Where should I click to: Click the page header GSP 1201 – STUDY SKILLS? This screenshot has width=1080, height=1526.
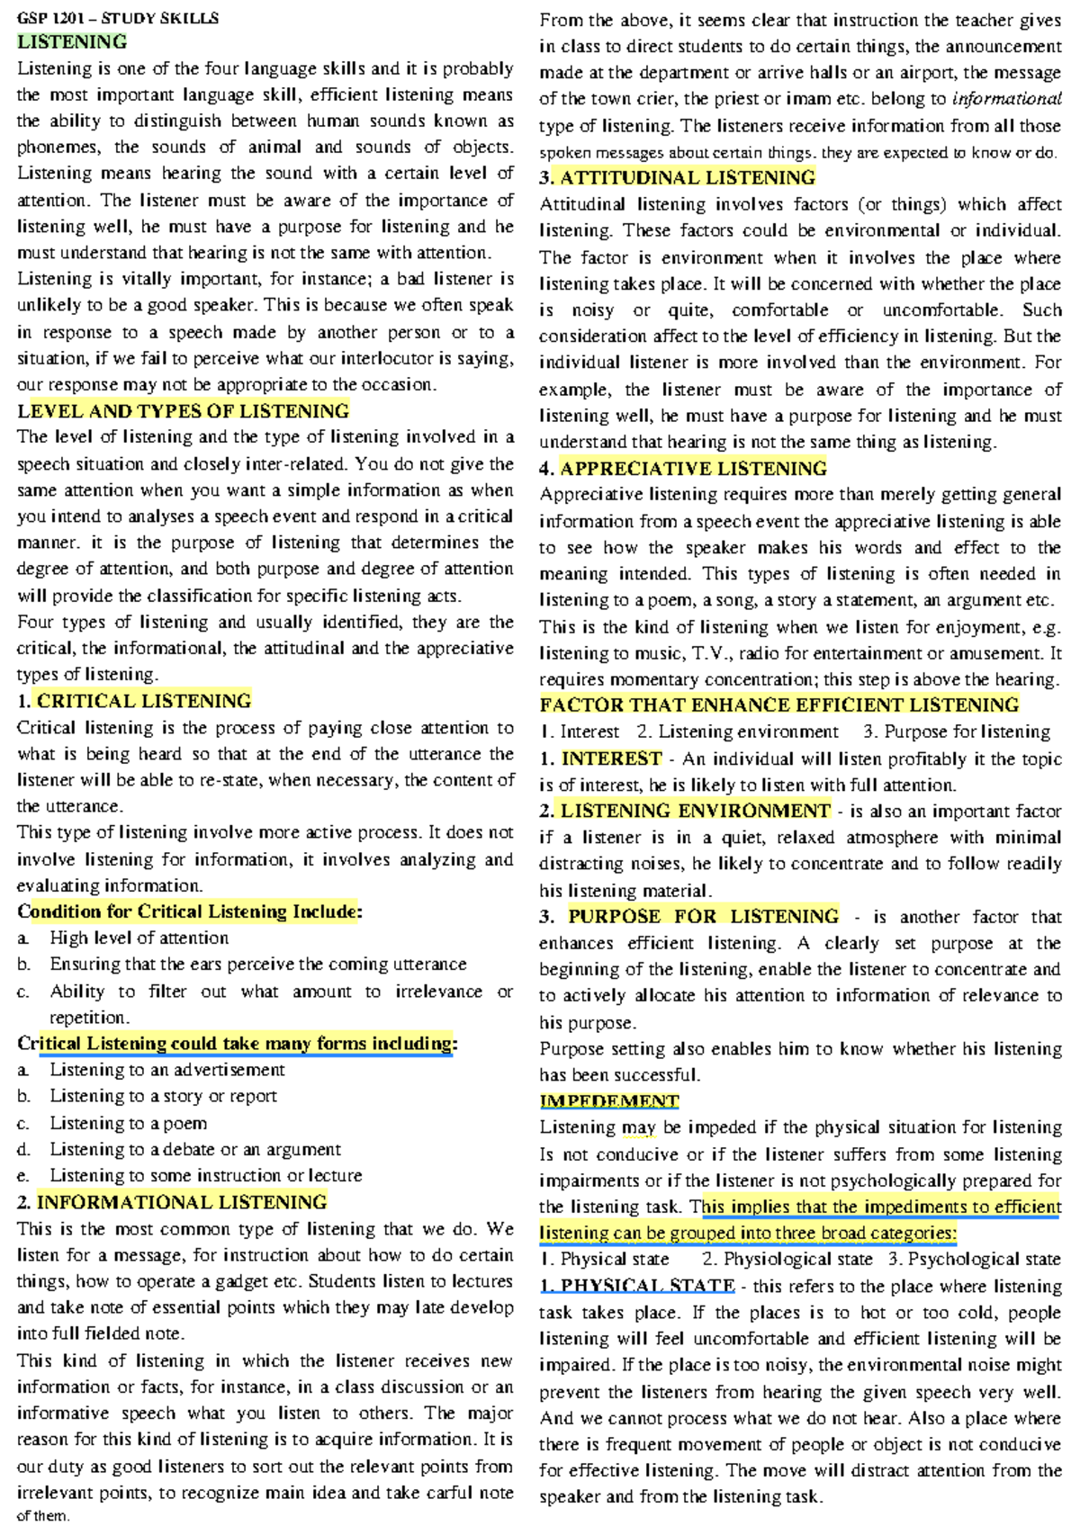click(118, 17)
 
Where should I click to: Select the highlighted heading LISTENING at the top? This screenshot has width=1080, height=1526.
click(72, 41)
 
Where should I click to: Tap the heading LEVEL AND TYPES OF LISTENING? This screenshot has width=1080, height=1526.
click(184, 411)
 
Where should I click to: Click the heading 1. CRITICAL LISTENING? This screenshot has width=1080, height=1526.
click(135, 701)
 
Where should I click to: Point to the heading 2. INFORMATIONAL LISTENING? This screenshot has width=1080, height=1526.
click(172, 1202)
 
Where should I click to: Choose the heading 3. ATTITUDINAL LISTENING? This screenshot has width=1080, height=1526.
click(678, 177)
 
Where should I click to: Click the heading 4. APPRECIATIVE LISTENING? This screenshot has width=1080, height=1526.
click(683, 468)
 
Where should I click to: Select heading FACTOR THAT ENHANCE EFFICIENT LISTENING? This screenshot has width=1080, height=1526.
click(779, 705)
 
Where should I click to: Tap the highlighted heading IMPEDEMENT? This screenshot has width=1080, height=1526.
click(609, 1101)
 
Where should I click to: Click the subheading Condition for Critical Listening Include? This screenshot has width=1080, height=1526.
click(189, 911)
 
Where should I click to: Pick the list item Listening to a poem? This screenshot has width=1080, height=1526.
click(129, 1123)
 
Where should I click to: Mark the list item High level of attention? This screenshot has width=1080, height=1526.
click(139, 938)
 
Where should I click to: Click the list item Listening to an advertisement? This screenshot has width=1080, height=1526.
click(167, 1070)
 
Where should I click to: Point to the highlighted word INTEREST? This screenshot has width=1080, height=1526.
click(611, 759)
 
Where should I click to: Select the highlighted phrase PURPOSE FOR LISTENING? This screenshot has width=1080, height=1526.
click(703, 917)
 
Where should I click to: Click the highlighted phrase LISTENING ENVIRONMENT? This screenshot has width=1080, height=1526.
click(695, 811)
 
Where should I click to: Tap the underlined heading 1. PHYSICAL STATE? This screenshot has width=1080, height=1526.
click(638, 1286)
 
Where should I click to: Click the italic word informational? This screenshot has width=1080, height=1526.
click(1006, 99)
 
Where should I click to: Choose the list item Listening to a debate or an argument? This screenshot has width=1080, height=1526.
click(195, 1149)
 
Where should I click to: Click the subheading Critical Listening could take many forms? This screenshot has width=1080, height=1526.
click(236, 1044)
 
